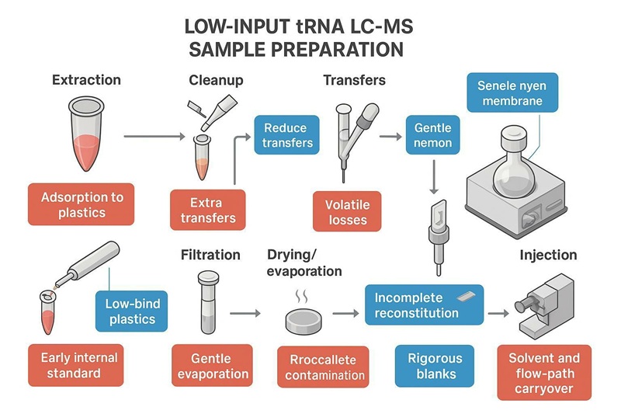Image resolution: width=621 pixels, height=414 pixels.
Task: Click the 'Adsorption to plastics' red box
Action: point(82,204)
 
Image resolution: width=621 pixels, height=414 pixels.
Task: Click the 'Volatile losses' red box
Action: point(347,212)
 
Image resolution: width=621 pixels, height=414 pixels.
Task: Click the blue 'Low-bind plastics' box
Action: point(130,311)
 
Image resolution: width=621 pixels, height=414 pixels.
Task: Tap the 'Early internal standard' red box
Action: point(82,365)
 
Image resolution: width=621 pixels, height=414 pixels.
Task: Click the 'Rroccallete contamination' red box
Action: point(324,367)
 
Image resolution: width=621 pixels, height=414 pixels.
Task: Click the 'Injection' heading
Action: point(548,255)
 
